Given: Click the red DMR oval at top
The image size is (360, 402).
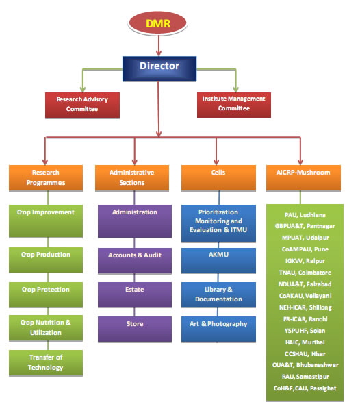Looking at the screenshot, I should pyautogui.click(x=158, y=23).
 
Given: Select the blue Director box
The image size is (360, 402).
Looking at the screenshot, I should pyautogui.click(x=159, y=67).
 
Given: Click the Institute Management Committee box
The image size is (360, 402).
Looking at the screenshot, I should pyautogui.click(x=231, y=103).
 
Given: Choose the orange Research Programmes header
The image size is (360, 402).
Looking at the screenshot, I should pyautogui.click(x=46, y=177).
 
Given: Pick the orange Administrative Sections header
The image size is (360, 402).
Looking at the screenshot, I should pyautogui.click(x=131, y=177).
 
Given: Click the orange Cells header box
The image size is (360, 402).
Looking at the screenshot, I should pyautogui.click(x=218, y=177).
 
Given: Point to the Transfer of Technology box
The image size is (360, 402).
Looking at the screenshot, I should pyautogui.click(x=46, y=362).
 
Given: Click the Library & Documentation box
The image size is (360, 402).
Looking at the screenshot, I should pyautogui.click(x=218, y=294).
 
